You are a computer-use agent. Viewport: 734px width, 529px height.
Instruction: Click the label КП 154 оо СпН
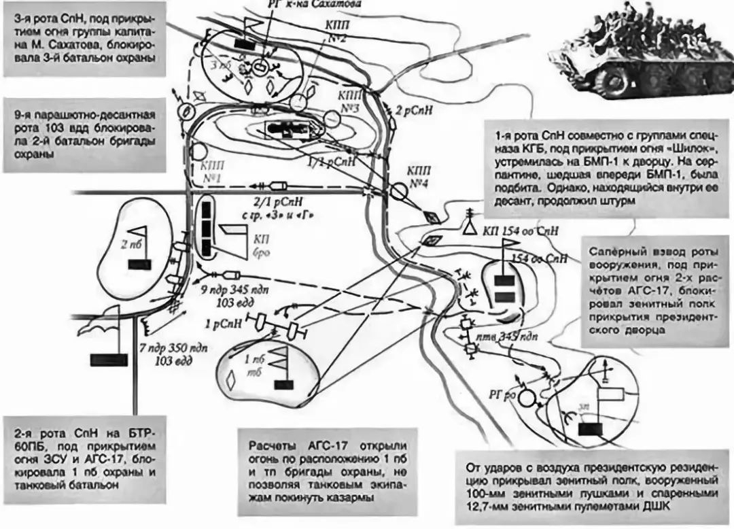coord(521,231)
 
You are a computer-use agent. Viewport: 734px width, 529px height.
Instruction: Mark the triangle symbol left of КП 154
coord(469,230)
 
